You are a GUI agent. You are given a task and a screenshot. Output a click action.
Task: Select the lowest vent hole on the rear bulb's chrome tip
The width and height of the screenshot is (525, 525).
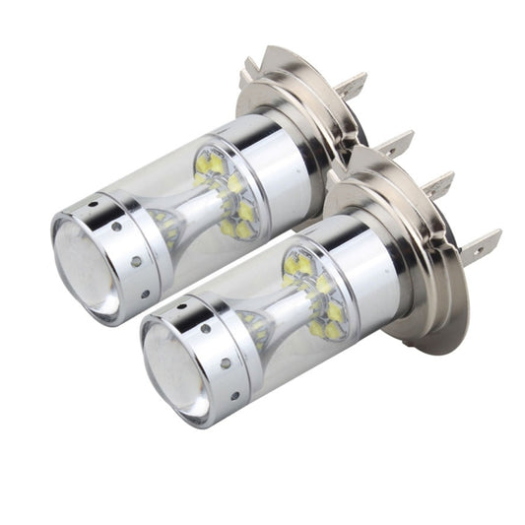(146, 293)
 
